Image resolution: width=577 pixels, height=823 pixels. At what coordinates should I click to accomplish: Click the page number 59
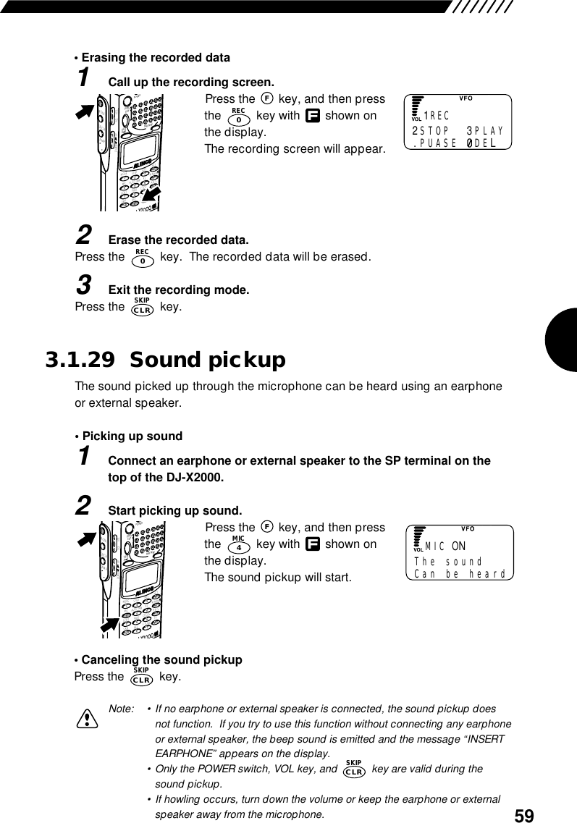tap(524, 816)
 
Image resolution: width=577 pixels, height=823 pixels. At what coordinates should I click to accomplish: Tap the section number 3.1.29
tap(80, 360)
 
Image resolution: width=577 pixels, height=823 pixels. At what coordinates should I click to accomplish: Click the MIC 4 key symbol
tap(238, 544)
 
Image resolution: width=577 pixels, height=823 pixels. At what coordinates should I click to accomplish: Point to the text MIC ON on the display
tap(445, 545)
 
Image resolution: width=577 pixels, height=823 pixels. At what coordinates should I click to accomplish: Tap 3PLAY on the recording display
tap(485, 131)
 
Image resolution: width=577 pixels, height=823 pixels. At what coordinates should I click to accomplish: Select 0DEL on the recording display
tap(481, 143)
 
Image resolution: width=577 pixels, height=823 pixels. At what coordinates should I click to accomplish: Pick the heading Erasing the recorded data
tap(156, 57)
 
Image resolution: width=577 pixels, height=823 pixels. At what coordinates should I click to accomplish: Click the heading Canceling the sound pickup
tap(161, 659)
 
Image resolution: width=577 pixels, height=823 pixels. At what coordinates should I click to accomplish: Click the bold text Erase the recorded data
tap(178, 240)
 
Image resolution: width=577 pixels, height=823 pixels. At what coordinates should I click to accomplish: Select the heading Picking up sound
tap(132, 436)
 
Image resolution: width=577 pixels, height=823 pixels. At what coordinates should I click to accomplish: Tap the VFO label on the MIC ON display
tap(467, 529)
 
